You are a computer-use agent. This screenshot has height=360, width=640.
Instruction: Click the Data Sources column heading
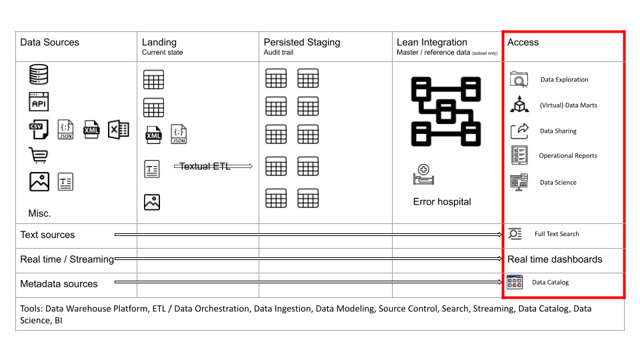[x=49, y=43]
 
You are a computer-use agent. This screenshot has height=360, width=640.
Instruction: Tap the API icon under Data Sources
[x=39, y=101]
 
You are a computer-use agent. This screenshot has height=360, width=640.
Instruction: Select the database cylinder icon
[x=39, y=74]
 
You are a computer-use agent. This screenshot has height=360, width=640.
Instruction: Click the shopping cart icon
[x=39, y=155]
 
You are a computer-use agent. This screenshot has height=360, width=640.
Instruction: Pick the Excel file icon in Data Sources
[x=119, y=130]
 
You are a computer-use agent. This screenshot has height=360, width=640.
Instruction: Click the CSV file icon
[x=39, y=129]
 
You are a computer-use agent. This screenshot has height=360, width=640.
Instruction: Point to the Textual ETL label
[x=205, y=166]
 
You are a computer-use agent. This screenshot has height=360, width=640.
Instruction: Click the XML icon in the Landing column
[x=153, y=135]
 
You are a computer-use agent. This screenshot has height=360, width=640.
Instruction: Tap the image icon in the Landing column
[x=152, y=202]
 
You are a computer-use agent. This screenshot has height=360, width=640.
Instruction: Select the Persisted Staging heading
[x=301, y=43]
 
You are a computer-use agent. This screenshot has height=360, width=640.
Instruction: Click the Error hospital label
[x=442, y=201]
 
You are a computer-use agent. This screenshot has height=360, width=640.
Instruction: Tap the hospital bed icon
[x=423, y=174]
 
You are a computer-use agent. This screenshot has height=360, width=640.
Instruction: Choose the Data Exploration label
[x=565, y=79]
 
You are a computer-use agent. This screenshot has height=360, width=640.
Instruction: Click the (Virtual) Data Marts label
[x=568, y=105]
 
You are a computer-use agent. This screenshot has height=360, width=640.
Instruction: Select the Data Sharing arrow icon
[x=519, y=131]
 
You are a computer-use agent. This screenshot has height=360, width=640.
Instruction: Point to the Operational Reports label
[x=568, y=155]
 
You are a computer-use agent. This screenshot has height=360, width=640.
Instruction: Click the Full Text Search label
[x=557, y=234]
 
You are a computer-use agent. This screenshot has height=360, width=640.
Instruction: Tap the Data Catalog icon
[x=514, y=282]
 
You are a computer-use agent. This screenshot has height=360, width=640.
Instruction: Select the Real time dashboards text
[x=555, y=259]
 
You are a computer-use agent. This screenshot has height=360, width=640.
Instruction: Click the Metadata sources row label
[x=59, y=284]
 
